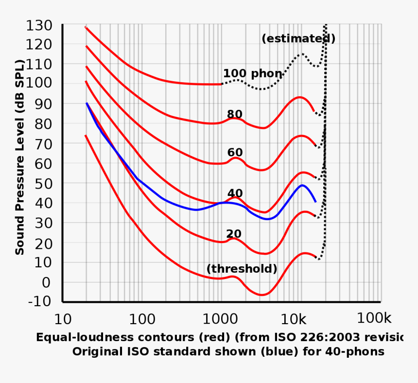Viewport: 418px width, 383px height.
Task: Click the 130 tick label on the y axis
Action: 40,25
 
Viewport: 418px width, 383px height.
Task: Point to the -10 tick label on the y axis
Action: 40,302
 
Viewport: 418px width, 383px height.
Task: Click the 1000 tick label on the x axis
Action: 221,319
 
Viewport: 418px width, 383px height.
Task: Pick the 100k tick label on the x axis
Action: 374,318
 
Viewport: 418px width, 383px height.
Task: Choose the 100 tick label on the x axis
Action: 142,319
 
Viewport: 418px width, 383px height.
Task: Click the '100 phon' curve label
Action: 252,74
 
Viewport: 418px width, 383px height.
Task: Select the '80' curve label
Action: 235,115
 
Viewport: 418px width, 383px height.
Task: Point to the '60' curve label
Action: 235,153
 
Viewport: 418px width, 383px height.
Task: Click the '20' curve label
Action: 234,234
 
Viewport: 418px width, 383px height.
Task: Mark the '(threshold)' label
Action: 242,269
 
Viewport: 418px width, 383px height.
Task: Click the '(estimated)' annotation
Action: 298,39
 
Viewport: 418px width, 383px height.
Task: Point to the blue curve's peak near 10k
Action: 302,185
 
